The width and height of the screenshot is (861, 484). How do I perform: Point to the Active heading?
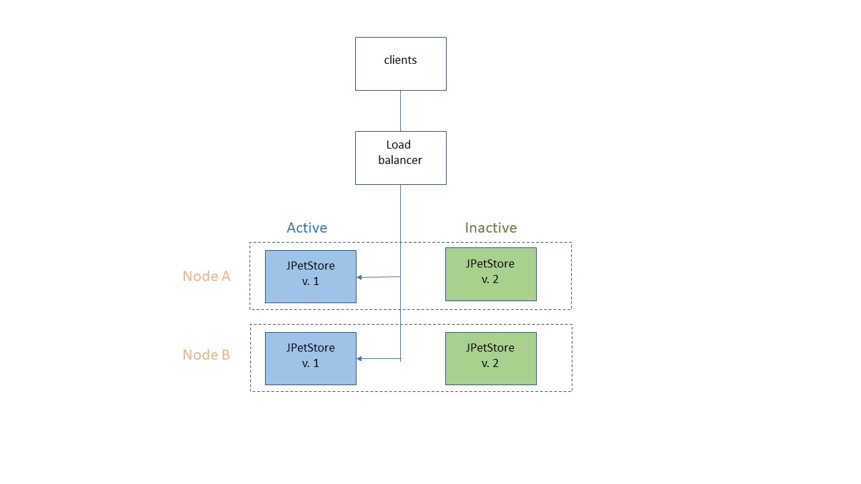pyautogui.click(x=307, y=228)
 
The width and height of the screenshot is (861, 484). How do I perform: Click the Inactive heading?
pyautogui.click(x=490, y=228)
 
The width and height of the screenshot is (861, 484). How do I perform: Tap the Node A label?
pyautogui.click(x=207, y=276)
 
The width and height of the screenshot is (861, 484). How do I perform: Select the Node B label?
pyautogui.click(x=207, y=355)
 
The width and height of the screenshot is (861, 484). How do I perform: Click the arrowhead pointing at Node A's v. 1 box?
pyautogui.click(x=360, y=277)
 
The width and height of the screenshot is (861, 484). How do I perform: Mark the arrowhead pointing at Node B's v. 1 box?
pyautogui.click(x=360, y=359)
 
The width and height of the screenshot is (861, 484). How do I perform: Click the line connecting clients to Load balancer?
pyautogui.click(x=400, y=111)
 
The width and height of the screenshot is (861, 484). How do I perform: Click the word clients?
pyautogui.click(x=400, y=60)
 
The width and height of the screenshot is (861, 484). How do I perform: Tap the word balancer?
pyautogui.click(x=400, y=161)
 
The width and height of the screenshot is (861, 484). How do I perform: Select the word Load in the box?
pyautogui.click(x=398, y=145)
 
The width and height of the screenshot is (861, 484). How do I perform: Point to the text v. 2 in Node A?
pyautogui.click(x=490, y=280)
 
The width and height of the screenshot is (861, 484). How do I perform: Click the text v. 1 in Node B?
pyautogui.click(x=310, y=364)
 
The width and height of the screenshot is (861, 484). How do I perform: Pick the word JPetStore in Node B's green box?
pyautogui.click(x=490, y=348)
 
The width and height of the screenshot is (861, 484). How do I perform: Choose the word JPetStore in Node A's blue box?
pyautogui.click(x=310, y=266)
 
